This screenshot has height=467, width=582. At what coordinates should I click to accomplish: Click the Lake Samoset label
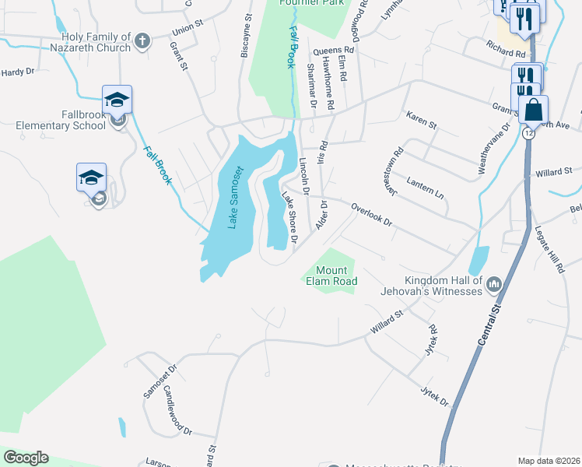[x=236, y=198]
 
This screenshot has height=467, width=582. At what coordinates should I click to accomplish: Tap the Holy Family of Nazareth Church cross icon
[x=142, y=40]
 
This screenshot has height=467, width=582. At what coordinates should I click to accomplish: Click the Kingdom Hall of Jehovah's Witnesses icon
[x=493, y=286]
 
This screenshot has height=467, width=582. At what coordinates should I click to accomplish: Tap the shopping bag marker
[x=534, y=110]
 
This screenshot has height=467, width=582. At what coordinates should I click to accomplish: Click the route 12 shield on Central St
[x=529, y=134]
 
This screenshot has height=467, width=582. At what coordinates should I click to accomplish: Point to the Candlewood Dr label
[x=177, y=412]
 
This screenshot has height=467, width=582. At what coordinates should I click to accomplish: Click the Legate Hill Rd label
[x=549, y=249]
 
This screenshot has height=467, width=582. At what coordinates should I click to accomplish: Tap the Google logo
[x=26, y=458]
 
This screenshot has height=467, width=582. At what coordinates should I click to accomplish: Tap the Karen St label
[x=422, y=120]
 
